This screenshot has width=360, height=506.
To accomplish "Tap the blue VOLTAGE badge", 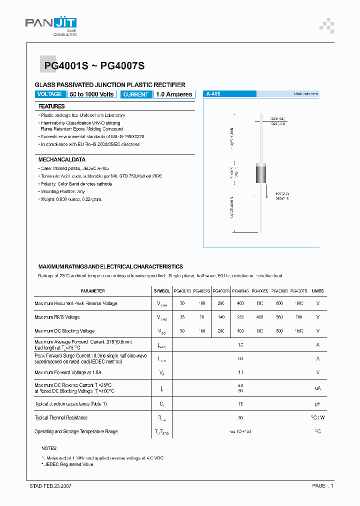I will click(x=49, y=94).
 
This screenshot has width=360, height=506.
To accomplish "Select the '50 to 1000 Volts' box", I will click(x=92, y=94).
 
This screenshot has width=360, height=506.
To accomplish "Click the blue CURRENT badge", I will click(x=135, y=94).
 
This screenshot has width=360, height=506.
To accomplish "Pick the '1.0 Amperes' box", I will click(x=173, y=94).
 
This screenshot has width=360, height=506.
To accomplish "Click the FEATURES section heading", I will click(x=51, y=106).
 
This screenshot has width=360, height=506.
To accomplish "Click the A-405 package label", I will click(x=213, y=94).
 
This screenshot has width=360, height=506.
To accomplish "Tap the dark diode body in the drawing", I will click(x=261, y=173).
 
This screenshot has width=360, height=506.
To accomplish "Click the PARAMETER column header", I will click(x=92, y=290).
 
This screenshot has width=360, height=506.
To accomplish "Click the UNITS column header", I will click(x=317, y=290).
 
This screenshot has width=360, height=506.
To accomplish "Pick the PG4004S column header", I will click(x=240, y=290).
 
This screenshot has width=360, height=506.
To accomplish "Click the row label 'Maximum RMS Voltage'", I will click(x=57, y=317).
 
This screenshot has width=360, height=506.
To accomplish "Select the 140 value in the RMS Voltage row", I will click(x=221, y=317).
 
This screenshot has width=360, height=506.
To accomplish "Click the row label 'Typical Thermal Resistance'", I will click(x=61, y=417).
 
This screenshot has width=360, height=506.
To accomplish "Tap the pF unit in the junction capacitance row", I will click(x=317, y=403).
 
